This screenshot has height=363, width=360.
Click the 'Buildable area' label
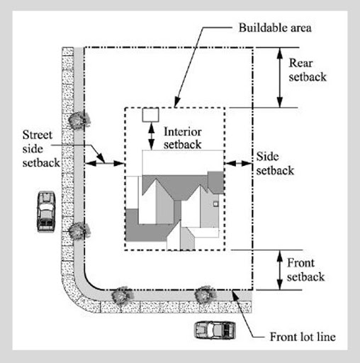pos(275,28)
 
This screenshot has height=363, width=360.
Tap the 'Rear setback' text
pos(308,70)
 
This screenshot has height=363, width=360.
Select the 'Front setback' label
pos(305,269)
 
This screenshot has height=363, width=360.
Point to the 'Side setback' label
pos(275,163)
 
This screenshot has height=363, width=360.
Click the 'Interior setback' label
pos(183,138)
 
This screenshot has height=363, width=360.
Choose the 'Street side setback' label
pos(41,149)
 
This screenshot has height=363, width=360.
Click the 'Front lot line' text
pos(303,337)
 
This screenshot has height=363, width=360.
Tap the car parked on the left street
pos(46,211)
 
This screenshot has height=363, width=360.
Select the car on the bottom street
pos(215,330)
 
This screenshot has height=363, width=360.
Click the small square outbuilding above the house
pos(150,115)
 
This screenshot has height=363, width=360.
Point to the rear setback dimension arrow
pos(280,77)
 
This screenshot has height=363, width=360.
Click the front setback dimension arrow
pos(280,270)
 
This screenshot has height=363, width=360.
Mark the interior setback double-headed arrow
pos(152,136)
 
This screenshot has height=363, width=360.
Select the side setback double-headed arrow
pos(238,163)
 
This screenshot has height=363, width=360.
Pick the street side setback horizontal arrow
pos(104,163)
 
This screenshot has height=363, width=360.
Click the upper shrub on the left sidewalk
pos(79,120)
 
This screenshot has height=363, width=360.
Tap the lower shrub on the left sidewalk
pos(79,231)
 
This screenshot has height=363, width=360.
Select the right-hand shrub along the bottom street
pos(205,295)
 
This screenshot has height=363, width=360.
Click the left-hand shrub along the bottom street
pos(122,296)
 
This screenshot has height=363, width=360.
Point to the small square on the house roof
pos(215,204)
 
